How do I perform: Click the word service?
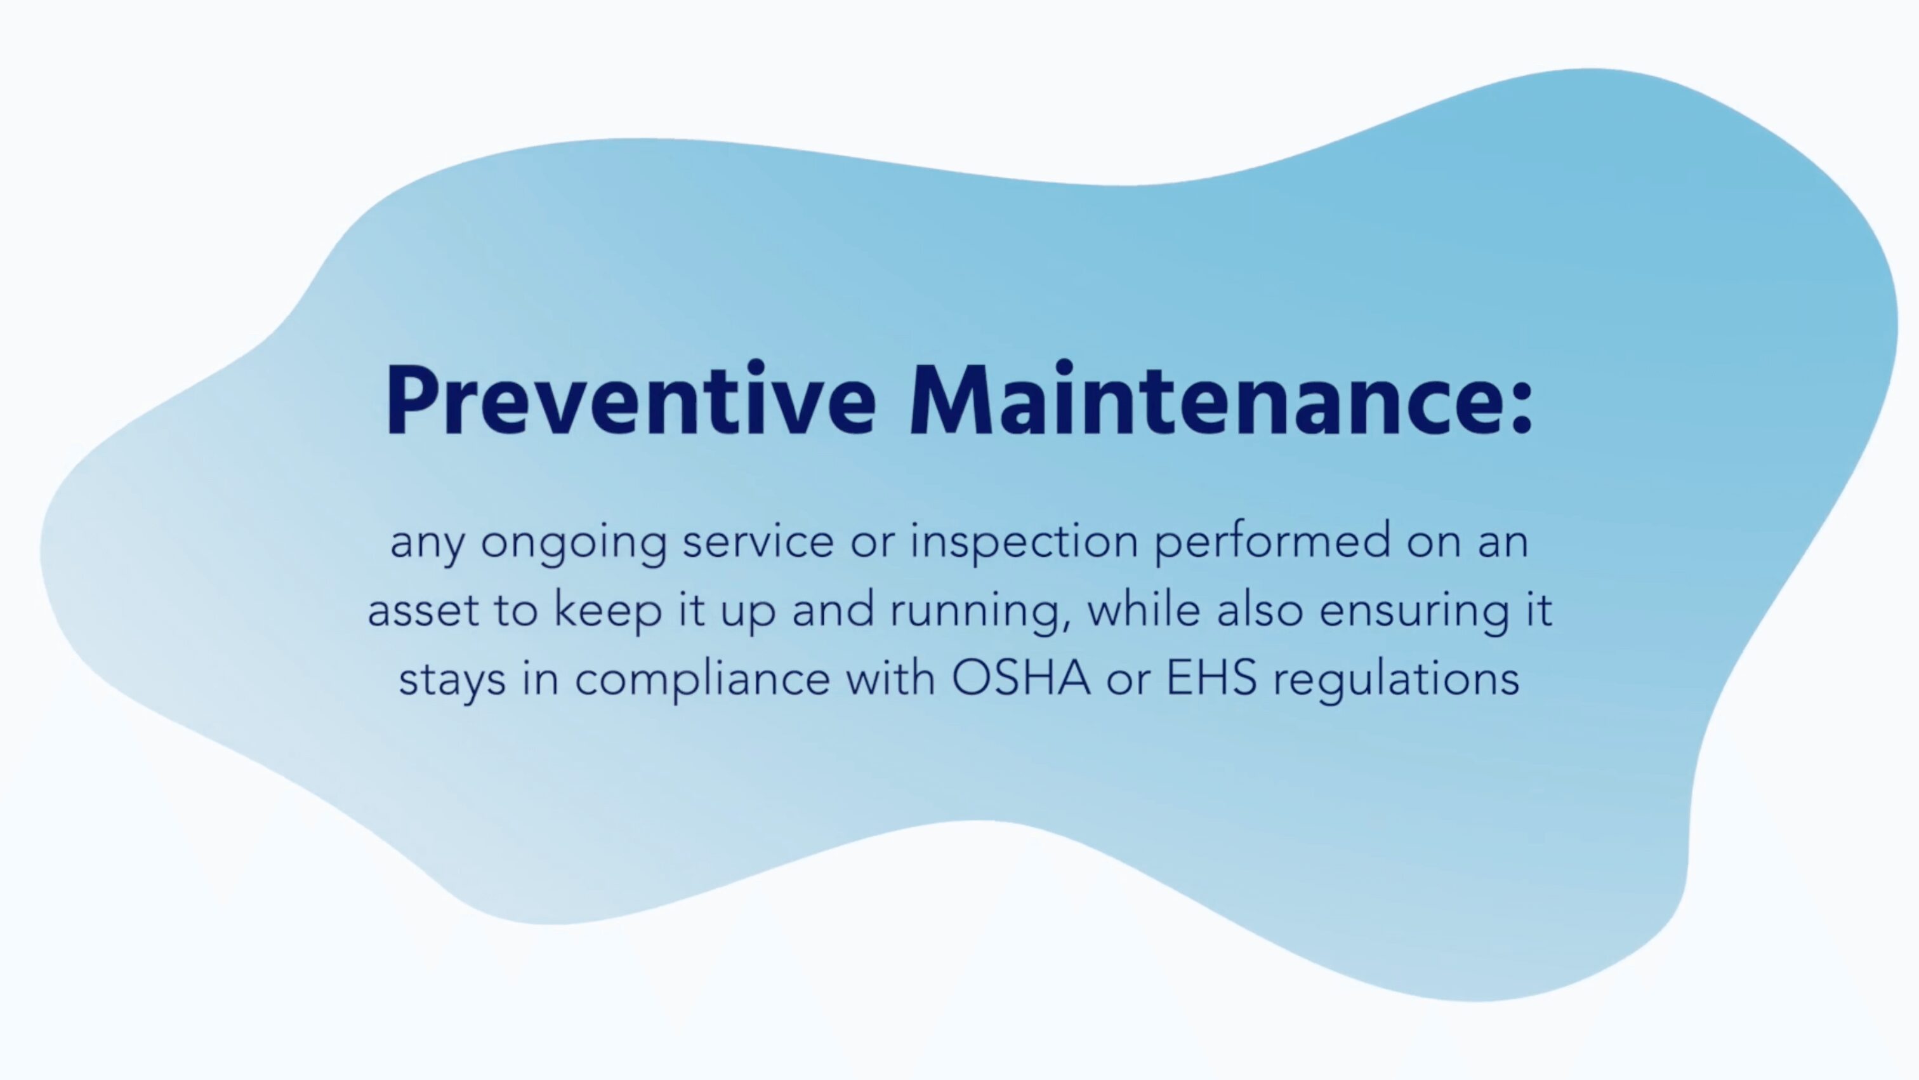(758, 541)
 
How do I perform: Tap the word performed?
(1272, 541)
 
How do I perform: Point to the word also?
(1260, 609)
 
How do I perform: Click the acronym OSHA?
(1020, 678)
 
